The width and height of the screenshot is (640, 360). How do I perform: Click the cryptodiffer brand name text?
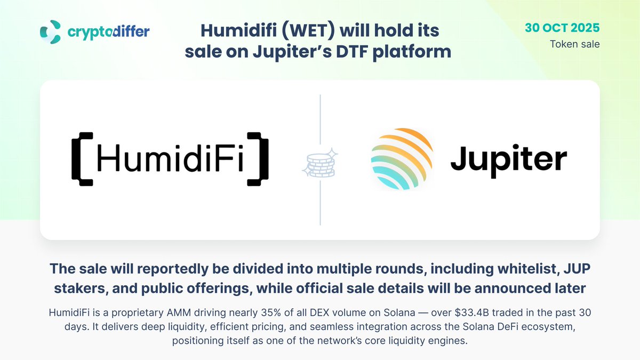click(108, 31)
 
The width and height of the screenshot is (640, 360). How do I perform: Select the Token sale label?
click(575, 44)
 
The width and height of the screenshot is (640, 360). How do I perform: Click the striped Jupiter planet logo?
click(401, 158)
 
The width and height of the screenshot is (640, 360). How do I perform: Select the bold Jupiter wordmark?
click(508, 159)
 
